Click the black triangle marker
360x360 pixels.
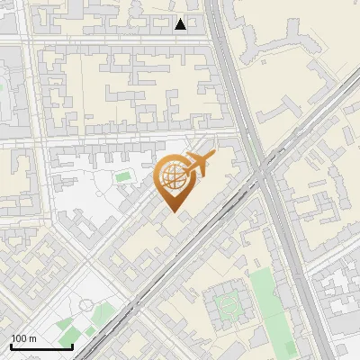coord(181,24)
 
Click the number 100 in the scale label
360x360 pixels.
coord(19,338)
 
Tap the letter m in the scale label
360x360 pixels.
coord(32,338)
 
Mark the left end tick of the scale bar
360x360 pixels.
coord(11,346)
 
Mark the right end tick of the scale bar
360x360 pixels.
coord(72,346)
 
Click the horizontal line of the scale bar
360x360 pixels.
coord(41,347)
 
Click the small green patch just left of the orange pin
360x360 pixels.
coord(122,176)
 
